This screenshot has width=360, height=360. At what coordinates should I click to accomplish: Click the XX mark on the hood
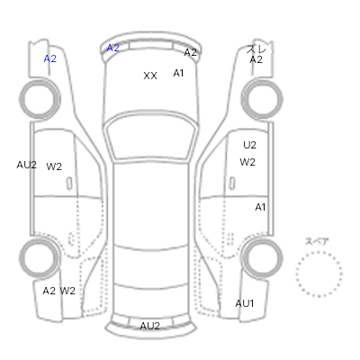point(150,76)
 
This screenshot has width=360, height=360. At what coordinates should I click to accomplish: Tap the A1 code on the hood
point(178,73)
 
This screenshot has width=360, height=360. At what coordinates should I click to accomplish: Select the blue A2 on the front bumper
point(113,48)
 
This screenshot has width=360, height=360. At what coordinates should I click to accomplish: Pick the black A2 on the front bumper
point(190,52)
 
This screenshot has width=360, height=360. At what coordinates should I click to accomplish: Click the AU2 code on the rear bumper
point(149,326)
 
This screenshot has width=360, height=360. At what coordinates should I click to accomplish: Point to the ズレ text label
point(256,49)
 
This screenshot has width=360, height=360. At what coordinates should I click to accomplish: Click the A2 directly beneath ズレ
point(256,59)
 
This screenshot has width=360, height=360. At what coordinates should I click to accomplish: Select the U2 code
point(249,145)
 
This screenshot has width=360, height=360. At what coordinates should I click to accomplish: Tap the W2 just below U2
point(247,162)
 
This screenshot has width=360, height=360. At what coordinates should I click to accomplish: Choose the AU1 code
point(245,303)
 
